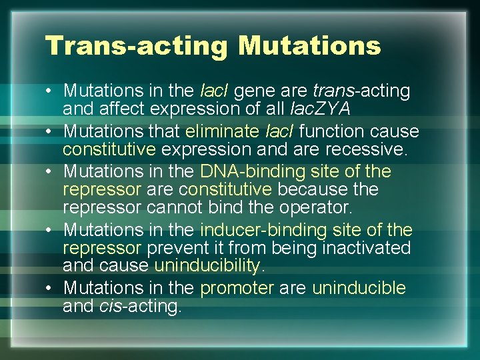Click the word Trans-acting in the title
(137, 46)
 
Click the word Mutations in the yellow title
(309, 46)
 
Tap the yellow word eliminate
(227, 131)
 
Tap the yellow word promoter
(237, 288)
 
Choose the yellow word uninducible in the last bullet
(359, 288)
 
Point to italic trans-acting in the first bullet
(361, 91)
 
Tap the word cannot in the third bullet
(173, 208)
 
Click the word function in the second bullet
(339, 131)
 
